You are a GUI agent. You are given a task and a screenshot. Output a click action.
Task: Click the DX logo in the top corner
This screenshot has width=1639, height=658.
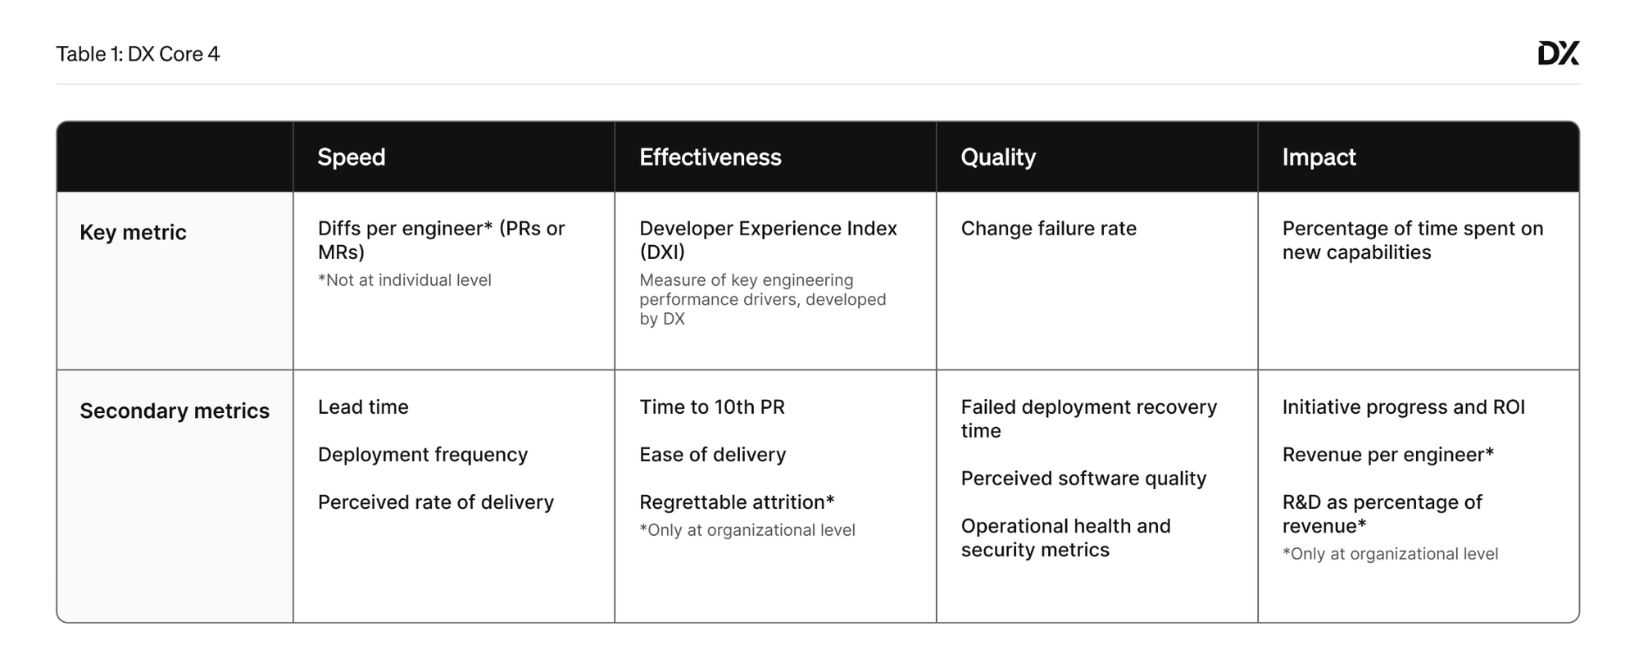click(1558, 53)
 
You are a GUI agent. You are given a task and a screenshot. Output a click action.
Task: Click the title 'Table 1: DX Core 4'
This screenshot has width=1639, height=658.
click(138, 54)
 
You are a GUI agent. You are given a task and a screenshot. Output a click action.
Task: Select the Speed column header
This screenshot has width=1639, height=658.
click(352, 157)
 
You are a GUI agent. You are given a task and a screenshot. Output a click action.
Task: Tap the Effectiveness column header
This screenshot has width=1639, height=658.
click(711, 157)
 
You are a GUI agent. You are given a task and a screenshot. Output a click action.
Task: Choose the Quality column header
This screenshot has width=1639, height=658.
click(998, 157)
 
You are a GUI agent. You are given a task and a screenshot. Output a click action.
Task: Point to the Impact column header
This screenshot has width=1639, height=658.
click(1319, 157)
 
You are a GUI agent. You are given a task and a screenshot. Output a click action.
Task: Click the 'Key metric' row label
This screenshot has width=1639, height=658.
click(133, 233)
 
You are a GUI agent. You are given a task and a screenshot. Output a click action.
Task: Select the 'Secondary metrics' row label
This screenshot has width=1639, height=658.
click(175, 411)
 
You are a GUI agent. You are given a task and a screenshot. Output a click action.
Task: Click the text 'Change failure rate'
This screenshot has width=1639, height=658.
click(1048, 229)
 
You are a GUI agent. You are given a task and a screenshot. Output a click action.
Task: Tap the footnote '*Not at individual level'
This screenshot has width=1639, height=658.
click(405, 280)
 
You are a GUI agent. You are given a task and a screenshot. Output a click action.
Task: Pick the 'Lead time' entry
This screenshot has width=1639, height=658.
click(363, 407)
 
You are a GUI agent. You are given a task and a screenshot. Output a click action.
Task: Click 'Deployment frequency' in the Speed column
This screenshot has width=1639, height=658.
click(423, 455)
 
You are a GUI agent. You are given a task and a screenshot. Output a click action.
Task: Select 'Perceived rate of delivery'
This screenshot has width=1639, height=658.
click(436, 502)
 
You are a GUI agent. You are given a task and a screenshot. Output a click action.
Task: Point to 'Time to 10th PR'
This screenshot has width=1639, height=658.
click(712, 407)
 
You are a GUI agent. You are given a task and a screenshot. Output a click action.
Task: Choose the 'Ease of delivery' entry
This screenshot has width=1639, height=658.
click(713, 455)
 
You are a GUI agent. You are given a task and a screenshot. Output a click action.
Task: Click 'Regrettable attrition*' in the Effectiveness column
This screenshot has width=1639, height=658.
click(737, 502)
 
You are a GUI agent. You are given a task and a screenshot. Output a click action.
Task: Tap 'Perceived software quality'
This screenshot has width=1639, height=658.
click(1083, 479)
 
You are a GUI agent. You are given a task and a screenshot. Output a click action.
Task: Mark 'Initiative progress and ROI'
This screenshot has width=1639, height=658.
click(1404, 407)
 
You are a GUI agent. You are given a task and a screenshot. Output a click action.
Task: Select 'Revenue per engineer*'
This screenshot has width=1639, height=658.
click(1388, 455)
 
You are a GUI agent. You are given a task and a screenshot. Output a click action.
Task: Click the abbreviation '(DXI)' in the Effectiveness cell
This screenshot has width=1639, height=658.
click(662, 252)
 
